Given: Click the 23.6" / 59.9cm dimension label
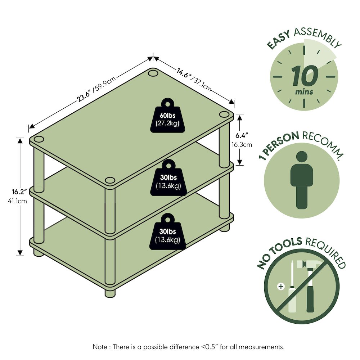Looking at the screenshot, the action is tap(96, 89).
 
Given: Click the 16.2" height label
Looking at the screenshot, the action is tap(19, 192).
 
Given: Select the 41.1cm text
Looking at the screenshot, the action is tap(17, 201).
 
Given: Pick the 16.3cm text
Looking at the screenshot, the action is tap(242, 145).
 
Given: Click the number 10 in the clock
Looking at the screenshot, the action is tap(305, 76).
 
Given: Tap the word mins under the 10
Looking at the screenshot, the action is tap(304, 92).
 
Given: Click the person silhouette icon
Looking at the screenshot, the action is tap(302, 180).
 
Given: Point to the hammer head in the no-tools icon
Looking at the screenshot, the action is tap(305, 265).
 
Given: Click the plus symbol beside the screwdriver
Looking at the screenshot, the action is tap(281, 287).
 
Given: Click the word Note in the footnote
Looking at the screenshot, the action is tap(100, 347).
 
